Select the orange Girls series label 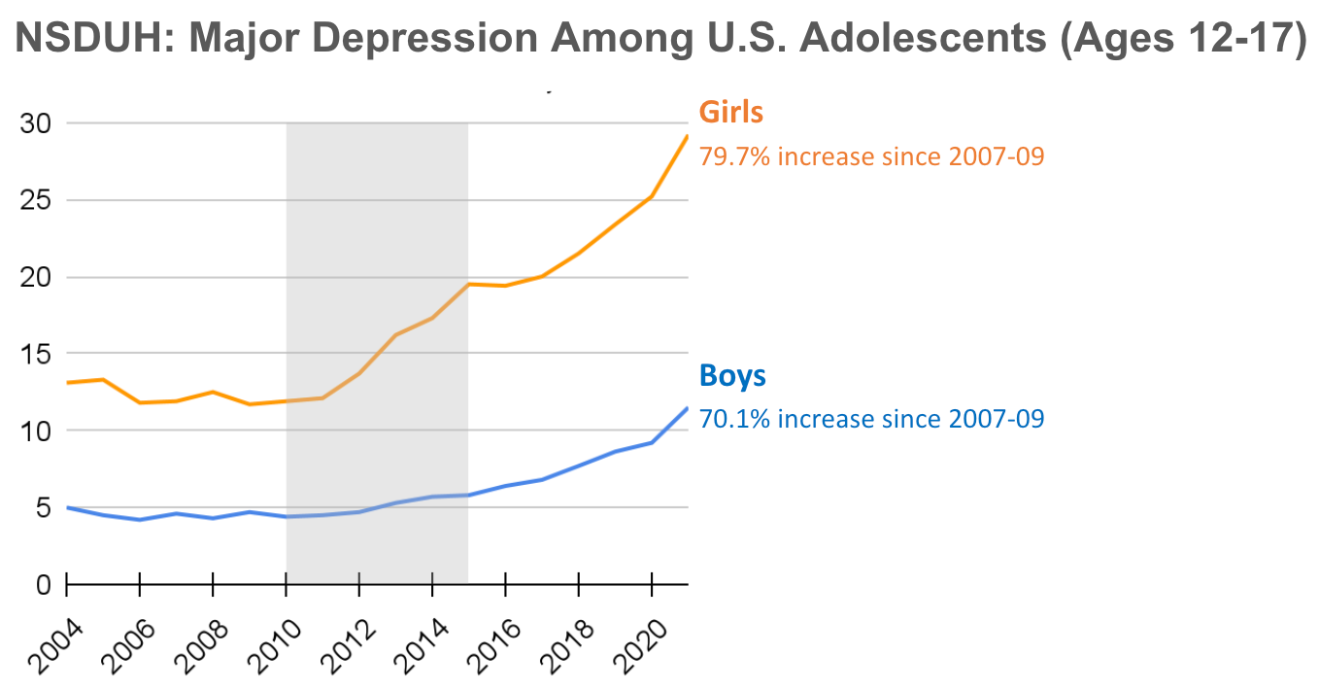[731, 112]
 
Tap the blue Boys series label [732, 376]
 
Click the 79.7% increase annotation [871, 155]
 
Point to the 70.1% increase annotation [871, 419]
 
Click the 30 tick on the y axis [36, 123]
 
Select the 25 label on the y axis [36, 200]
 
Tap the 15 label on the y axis [36, 354]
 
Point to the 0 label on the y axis [43, 584]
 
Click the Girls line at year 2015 [468, 284]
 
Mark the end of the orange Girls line [687, 136]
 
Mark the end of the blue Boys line [687, 408]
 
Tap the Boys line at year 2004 [67, 507]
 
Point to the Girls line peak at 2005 [103, 379]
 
